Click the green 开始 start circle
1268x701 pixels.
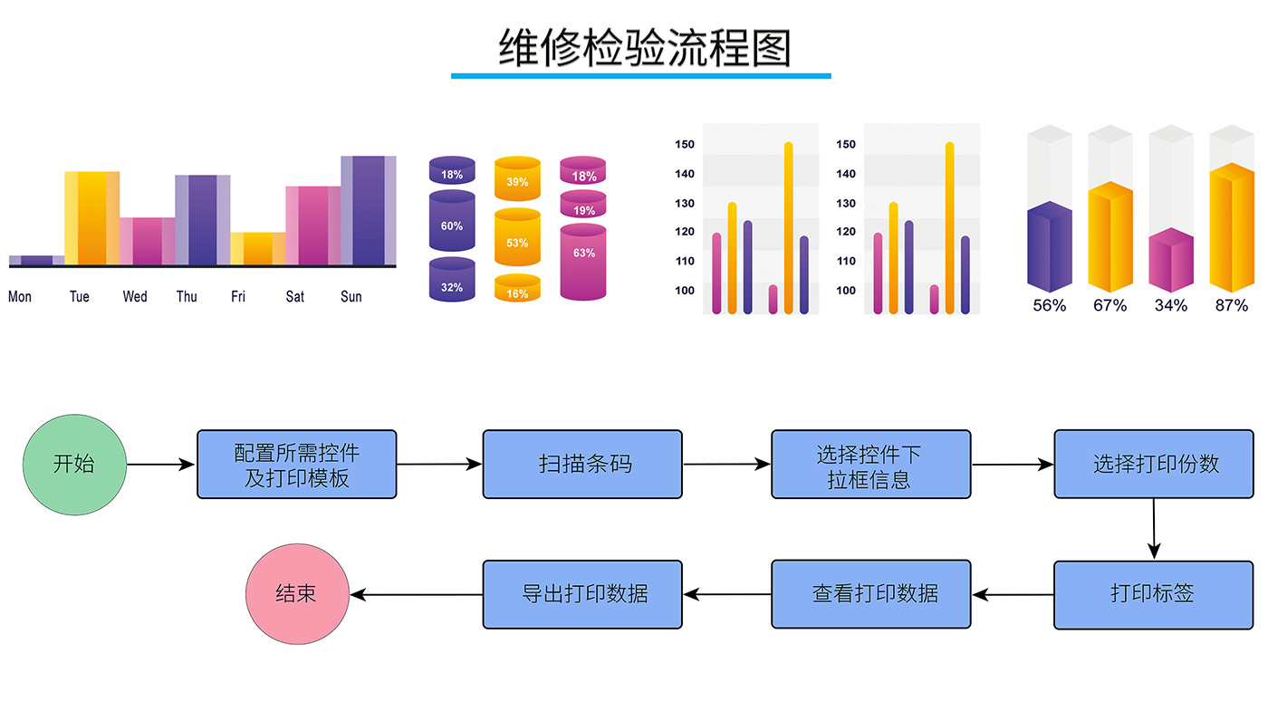point(74,465)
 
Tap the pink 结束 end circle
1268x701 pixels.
point(297,594)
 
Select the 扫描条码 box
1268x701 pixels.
point(582,464)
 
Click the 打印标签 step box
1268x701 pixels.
point(1152,594)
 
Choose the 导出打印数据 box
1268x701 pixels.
point(582,594)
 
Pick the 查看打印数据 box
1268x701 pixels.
point(871,594)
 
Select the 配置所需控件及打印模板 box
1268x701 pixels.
point(297,464)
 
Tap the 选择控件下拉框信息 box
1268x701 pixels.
point(871,464)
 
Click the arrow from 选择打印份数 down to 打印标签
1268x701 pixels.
point(1153,529)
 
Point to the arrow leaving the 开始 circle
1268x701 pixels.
point(161,465)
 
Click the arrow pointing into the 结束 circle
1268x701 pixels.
point(416,595)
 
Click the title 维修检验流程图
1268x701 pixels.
point(644,48)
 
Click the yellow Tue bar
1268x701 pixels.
point(91,218)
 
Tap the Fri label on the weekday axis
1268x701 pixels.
point(238,296)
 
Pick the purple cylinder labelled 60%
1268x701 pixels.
point(452,222)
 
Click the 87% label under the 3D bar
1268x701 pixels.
point(1231,305)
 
